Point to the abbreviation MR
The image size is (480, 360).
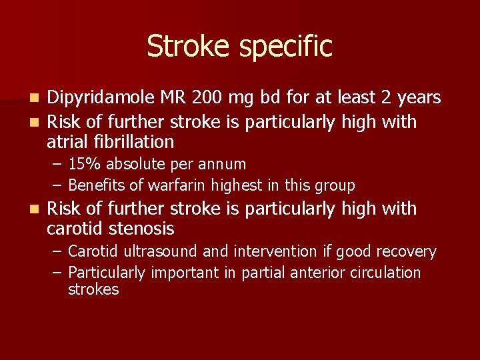coord(173,98)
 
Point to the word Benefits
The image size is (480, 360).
coord(96,185)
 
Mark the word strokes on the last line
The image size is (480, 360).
coord(93,289)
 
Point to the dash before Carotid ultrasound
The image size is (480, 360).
coord(57,252)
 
